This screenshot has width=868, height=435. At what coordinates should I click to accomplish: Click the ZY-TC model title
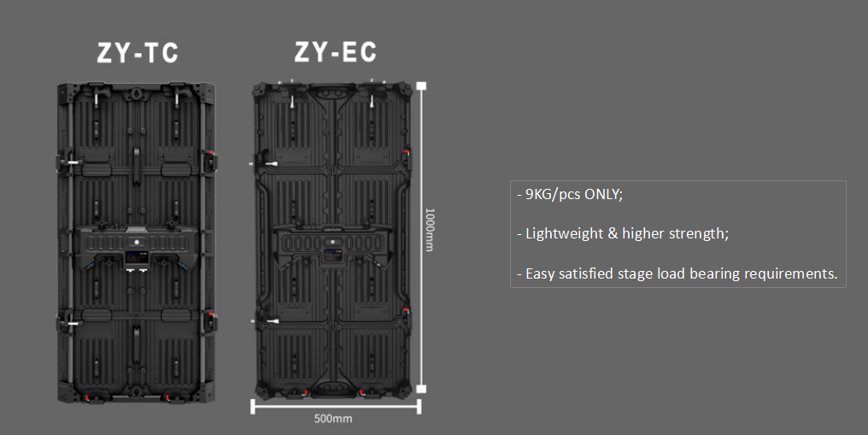click(x=138, y=53)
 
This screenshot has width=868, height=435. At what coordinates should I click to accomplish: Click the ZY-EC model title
click(x=336, y=51)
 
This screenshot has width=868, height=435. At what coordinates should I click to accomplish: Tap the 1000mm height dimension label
click(x=430, y=230)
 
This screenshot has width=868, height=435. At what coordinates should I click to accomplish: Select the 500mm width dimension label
click(x=333, y=419)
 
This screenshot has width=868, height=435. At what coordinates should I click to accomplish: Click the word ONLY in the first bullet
click(x=603, y=194)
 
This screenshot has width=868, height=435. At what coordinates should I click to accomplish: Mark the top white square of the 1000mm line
click(x=421, y=85)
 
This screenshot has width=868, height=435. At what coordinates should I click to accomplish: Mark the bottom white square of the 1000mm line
click(x=421, y=389)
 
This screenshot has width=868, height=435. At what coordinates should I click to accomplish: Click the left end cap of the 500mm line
click(x=253, y=407)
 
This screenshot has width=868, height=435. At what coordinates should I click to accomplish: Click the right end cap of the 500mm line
click(x=419, y=407)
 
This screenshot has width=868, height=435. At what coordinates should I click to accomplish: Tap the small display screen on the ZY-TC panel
click(x=134, y=256)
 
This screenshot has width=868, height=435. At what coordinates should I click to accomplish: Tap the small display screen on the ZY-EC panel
click(x=332, y=255)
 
